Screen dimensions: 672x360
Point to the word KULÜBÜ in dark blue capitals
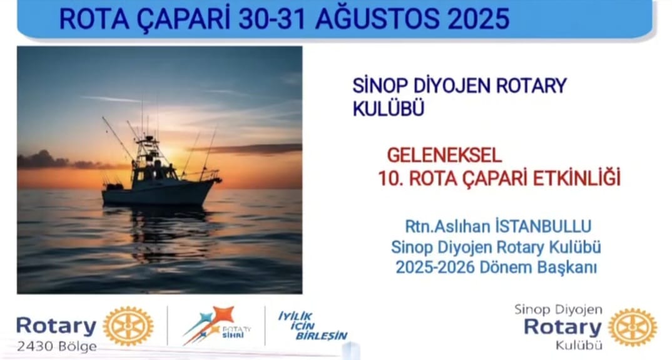(389, 108)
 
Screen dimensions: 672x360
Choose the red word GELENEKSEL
(444, 155)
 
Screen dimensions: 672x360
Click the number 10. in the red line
(390, 178)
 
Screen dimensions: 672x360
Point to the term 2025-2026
(435, 267)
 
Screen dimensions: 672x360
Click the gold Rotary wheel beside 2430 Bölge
(128, 327)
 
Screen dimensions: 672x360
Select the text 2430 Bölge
(56, 346)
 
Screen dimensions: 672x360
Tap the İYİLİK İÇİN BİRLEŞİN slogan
(313, 327)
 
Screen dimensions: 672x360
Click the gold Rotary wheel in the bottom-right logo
(632, 327)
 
